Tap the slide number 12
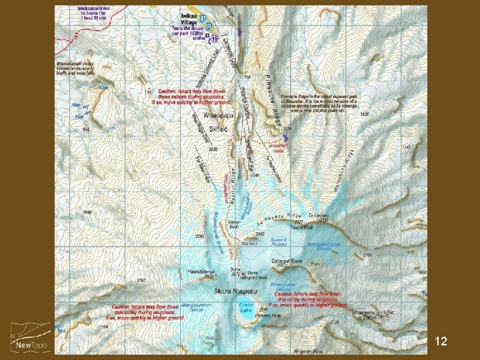[x=440, y=341]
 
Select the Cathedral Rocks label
[x=287, y=261]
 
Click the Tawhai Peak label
[x=297, y=227]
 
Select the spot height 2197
[x=141, y=280]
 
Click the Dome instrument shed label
[x=257, y=275]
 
